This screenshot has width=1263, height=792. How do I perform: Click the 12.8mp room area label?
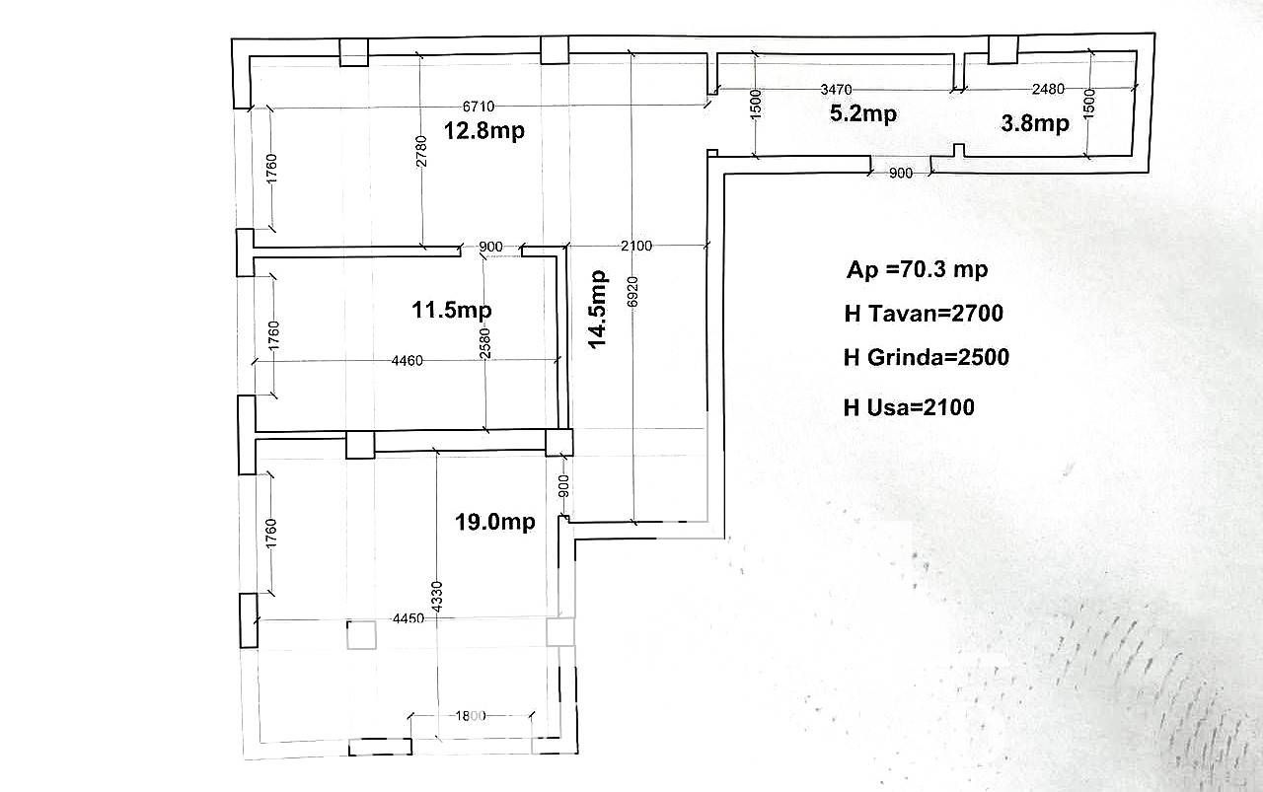tap(484, 131)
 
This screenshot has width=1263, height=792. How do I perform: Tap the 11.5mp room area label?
tap(452, 310)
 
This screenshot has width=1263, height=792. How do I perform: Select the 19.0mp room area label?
tap(495, 522)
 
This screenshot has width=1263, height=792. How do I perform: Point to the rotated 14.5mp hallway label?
tap(597, 310)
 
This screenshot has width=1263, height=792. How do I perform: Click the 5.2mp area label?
tap(863, 113)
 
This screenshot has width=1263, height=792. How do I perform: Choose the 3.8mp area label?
tap(1035, 123)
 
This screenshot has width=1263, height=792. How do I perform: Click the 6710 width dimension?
tap(479, 106)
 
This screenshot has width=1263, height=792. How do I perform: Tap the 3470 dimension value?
tap(836, 89)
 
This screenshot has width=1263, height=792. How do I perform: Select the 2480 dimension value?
tap(1048, 89)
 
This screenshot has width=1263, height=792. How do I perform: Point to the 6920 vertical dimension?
tap(632, 292)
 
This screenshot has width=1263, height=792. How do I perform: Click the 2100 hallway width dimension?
tap(636, 246)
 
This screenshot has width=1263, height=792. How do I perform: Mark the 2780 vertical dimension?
tap(421, 151)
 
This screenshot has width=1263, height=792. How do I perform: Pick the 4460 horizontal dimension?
tap(408, 360)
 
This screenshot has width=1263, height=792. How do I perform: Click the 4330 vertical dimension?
tap(437, 597)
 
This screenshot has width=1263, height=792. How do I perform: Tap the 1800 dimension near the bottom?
tap(471, 716)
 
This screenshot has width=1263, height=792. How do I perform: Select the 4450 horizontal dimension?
tap(409, 618)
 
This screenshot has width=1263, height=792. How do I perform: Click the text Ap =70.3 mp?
tap(918, 269)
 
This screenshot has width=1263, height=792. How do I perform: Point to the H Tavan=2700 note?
tap(924, 314)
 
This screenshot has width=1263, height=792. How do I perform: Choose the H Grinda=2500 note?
tap(927, 357)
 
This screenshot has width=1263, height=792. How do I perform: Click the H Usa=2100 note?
tap(909, 407)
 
